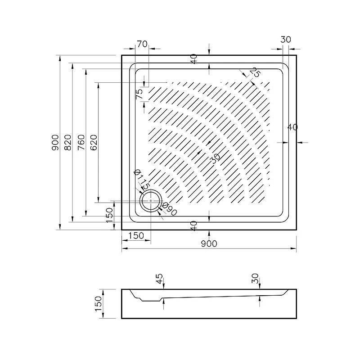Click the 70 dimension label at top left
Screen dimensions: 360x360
[x=142, y=44]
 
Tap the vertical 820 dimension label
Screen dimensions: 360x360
[x=68, y=143]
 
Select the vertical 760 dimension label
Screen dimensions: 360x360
[x=81, y=143]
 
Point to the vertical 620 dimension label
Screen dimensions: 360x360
[x=94, y=143]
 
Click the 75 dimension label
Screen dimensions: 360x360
[x=139, y=94]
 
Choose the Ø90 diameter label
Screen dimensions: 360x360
[x=170, y=209]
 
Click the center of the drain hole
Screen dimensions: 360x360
[x=151, y=201]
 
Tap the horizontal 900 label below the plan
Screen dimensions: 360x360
[x=209, y=243]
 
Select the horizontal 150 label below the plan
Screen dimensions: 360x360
[x=136, y=235]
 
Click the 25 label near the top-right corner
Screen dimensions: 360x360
[x=255, y=72]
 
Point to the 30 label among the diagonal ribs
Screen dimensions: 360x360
[x=216, y=158]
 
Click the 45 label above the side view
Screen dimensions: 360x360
[x=159, y=279]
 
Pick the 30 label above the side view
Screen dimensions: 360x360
[x=255, y=279]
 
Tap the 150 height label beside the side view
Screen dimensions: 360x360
[x=98, y=304]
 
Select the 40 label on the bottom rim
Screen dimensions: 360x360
[x=194, y=226]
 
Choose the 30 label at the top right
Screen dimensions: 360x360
[x=286, y=40]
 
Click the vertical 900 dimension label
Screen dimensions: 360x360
[x=55, y=143]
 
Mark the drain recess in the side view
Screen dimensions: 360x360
[x=150, y=299]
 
